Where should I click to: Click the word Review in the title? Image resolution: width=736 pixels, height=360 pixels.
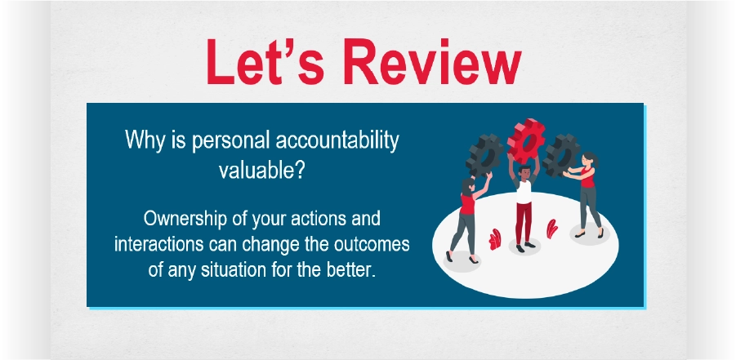(x=432, y=61)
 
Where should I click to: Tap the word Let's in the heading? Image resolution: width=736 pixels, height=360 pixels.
(x=265, y=61)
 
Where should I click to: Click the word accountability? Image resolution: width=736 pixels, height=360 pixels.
(x=337, y=140)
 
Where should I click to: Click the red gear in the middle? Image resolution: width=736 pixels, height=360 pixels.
(x=526, y=140)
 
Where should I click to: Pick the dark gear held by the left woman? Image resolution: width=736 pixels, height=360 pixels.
(x=484, y=156)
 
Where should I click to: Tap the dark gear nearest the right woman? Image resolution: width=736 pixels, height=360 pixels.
(x=561, y=155)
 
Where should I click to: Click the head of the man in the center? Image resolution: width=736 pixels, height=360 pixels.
(x=524, y=172)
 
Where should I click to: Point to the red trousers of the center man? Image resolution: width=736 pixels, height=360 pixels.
(x=524, y=224)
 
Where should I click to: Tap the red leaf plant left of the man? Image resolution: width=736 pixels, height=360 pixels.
(x=495, y=239)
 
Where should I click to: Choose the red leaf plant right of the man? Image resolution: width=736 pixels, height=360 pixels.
(x=551, y=229)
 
